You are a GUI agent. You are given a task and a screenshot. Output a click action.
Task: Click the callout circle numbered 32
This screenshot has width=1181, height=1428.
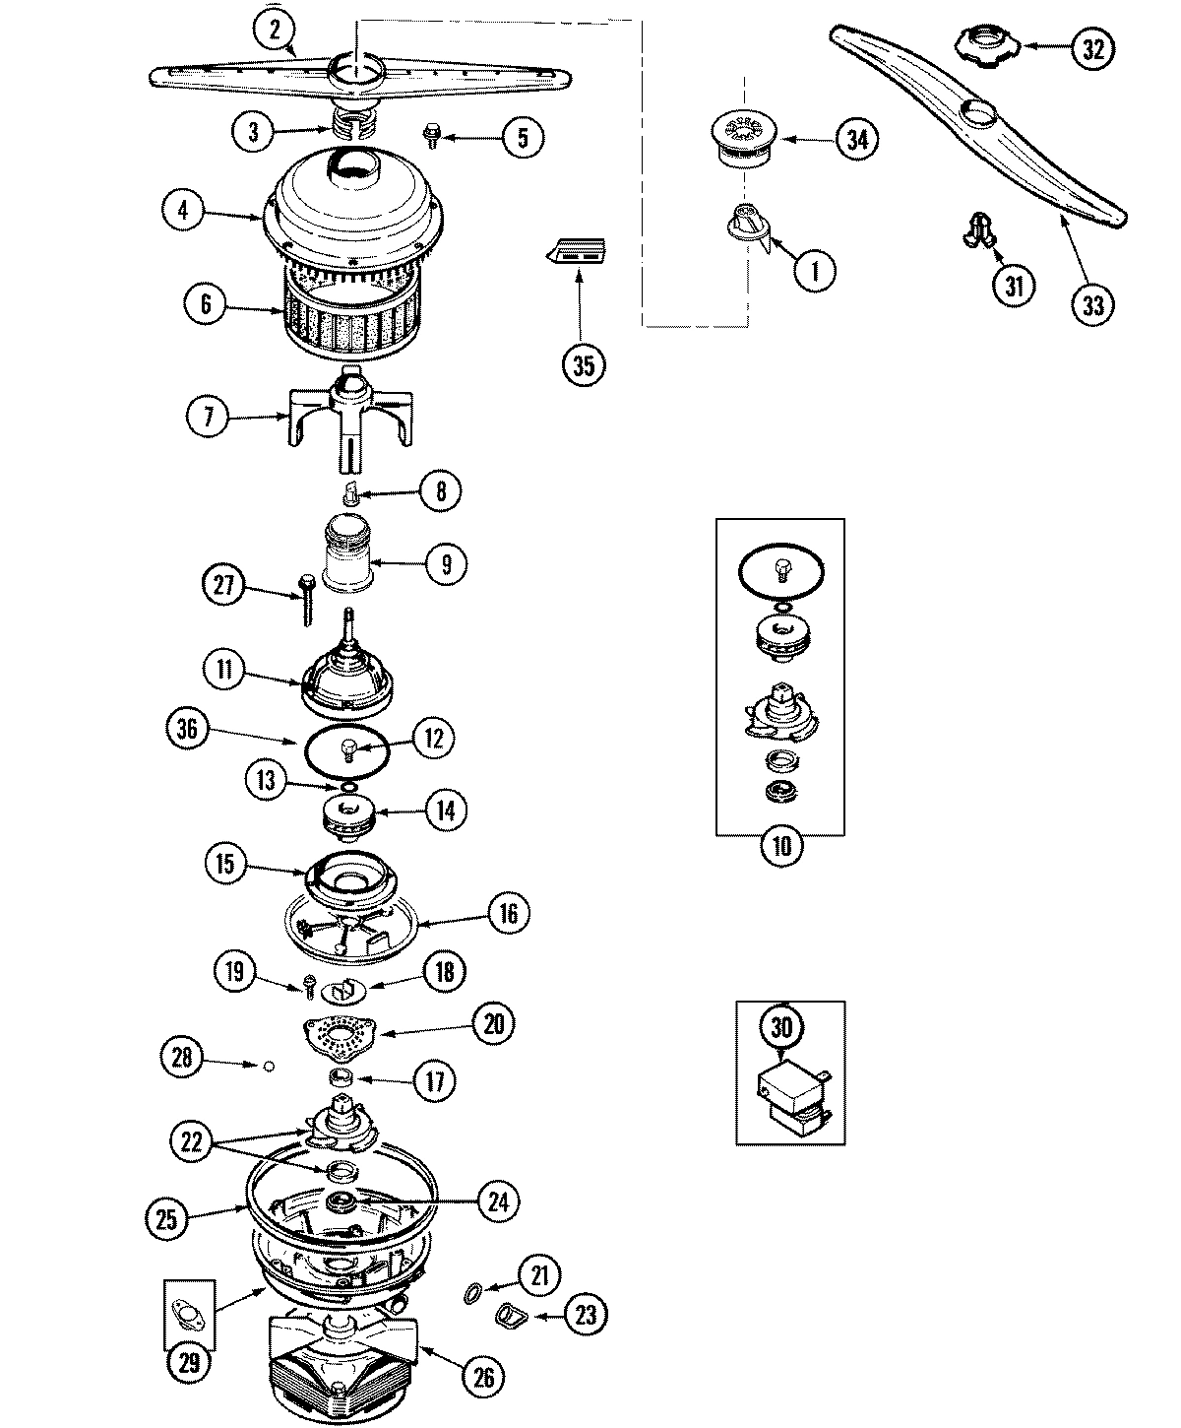1091,48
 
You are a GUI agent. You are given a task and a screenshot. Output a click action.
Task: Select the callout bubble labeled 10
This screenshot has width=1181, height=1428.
781,847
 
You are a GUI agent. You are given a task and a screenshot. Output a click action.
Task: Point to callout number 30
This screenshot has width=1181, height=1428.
781,1028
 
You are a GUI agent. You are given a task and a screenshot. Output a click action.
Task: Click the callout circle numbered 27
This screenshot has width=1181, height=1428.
223,584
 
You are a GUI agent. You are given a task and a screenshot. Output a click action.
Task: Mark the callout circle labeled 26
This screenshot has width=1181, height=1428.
483,1376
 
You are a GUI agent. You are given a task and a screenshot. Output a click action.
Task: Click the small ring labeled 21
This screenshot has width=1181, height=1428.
472,1291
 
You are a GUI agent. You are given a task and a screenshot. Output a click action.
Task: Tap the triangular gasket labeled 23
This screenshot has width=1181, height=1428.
512,1315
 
